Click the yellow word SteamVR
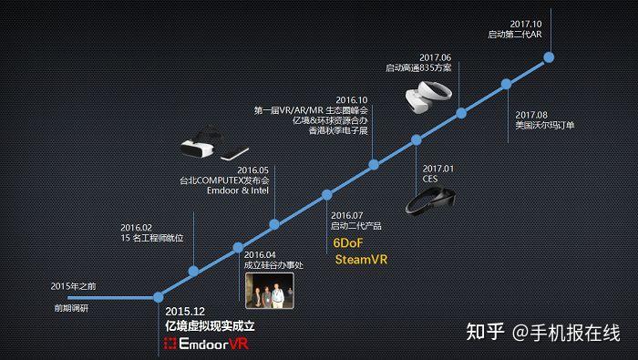click(361, 260)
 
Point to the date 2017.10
click(527, 24)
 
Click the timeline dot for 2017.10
click(550, 57)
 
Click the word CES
click(431, 180)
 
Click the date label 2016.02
click(136, 227)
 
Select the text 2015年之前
click(73, 286)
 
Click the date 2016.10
click(352, 99)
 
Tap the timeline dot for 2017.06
click(461, 113)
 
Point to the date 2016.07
click(346, 215)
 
